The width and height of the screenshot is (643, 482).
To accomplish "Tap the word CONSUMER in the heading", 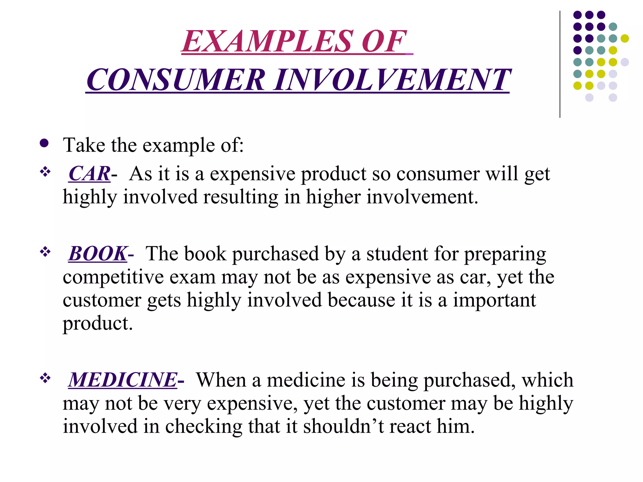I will [x=176, y=80].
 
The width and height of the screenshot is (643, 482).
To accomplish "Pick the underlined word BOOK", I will [x=98, y=254].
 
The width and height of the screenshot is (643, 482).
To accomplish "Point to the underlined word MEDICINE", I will [x=123, y=380].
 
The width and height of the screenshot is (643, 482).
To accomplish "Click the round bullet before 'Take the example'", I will [x=44, y=143].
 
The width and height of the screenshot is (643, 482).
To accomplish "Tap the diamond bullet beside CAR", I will [x=45, y=172].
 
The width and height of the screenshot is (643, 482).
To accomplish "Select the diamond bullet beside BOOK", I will [x=45, y=252].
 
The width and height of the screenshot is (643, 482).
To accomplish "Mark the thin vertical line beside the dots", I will [x=560, y=64].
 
